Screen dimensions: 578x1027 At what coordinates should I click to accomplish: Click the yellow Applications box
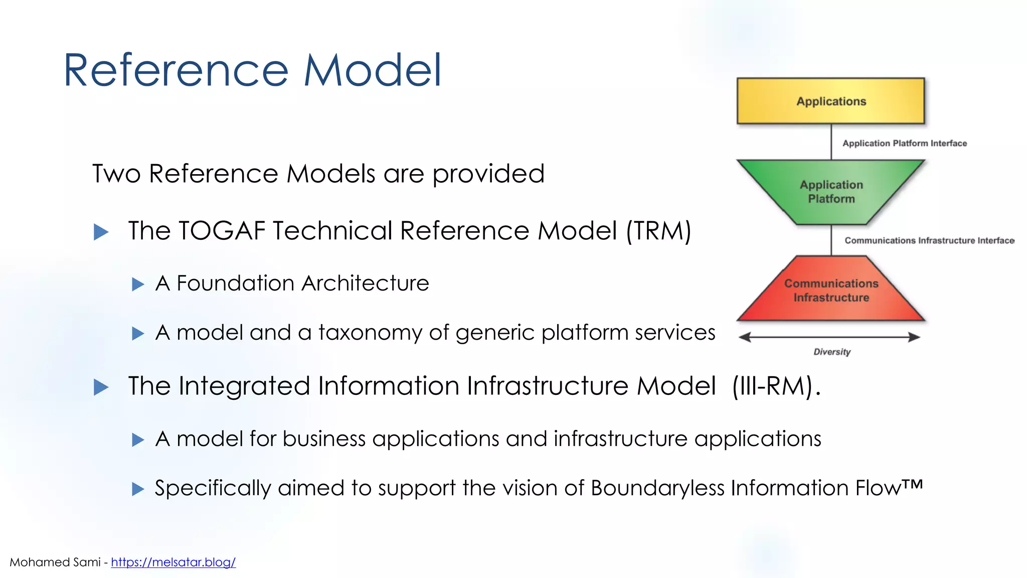830,101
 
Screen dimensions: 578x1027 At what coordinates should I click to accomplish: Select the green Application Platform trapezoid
831,192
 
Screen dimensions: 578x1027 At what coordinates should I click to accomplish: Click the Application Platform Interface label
904,143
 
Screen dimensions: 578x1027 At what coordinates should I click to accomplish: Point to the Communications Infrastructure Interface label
929,241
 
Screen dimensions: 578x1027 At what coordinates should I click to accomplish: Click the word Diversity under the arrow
832,352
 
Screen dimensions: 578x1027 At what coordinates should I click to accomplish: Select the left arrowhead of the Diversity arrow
745,337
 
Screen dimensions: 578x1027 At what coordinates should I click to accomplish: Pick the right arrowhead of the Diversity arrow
914,337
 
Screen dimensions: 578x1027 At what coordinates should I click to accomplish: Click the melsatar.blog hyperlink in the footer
173,562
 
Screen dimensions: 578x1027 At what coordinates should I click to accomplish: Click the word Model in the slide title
373,70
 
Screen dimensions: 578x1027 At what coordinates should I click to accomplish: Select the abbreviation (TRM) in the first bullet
658,231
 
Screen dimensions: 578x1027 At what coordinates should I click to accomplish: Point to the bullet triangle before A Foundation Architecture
138,284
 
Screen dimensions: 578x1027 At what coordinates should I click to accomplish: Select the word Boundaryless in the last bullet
657,488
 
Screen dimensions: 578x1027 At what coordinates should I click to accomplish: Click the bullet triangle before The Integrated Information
101,387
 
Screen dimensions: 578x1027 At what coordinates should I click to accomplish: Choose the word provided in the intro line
488,175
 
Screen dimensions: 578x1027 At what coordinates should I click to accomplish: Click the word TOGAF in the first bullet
222,231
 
